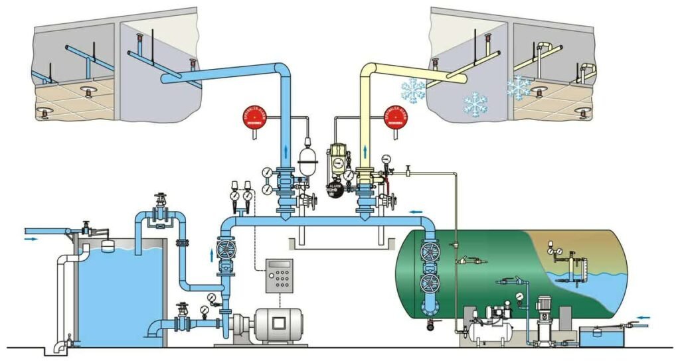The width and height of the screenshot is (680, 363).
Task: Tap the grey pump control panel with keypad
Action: click(x=280, y=275)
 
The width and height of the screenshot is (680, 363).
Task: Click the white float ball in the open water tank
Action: click(x=107, y=244)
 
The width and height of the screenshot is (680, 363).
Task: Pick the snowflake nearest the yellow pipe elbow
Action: click(x=414, y=90)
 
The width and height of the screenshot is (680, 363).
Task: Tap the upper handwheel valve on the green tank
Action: click(x=430, y=252)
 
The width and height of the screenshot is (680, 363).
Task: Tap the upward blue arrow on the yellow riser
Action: click(x=365, y=144)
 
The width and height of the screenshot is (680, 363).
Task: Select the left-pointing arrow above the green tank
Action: click(x=414, y=212)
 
